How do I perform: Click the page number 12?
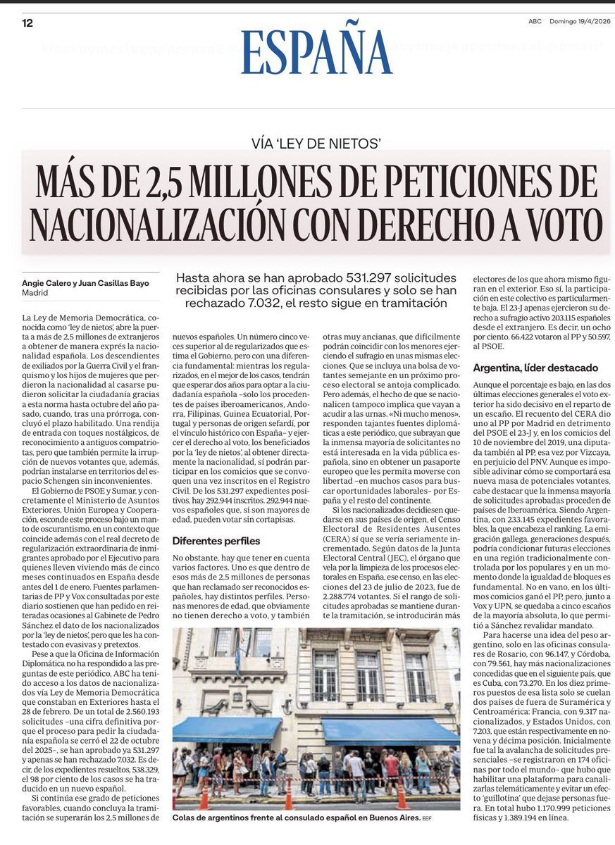pos(27,23)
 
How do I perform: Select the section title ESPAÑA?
pos(316,54)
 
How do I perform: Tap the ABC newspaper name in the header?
pos(535,22)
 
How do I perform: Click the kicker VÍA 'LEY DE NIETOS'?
pos(316,144)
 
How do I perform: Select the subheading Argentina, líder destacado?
pos(535,368)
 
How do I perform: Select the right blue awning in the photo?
pos(390,730)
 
